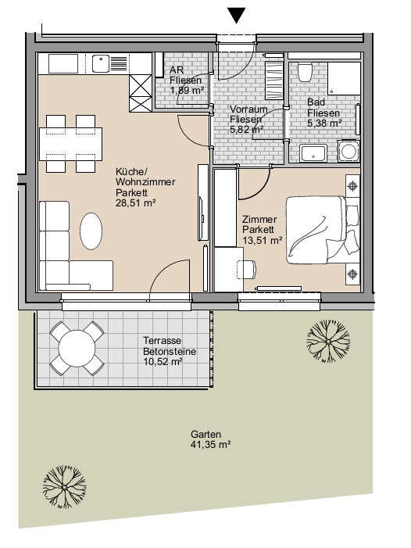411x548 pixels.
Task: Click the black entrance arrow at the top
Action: pos(237,16)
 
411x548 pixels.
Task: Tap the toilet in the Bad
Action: pos(305,73)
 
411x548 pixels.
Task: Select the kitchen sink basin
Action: pos(100,64)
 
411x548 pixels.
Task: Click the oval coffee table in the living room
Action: pos(91,231)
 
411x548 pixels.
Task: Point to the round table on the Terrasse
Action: pos(77,349)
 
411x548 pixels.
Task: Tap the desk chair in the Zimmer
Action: pos(247,270)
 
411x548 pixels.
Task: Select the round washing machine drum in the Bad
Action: pos(348,152)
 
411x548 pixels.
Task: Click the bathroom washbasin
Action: pos(313,153)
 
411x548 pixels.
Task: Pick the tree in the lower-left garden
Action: pos(64,486)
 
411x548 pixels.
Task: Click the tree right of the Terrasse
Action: pos(328,341)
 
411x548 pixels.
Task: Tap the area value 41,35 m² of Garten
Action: pos(210,445)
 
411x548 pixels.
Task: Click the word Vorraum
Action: pos(248,109)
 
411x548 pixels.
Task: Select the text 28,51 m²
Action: pos(135,202)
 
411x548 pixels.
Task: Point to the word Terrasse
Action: pos(162,340)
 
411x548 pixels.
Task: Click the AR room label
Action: pos(177,70)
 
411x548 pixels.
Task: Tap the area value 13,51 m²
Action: pos(263,240)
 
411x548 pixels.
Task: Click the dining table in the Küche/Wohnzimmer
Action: pos(70,144)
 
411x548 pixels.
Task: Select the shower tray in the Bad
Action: pos(344,79)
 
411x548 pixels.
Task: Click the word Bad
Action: pos(316,102)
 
